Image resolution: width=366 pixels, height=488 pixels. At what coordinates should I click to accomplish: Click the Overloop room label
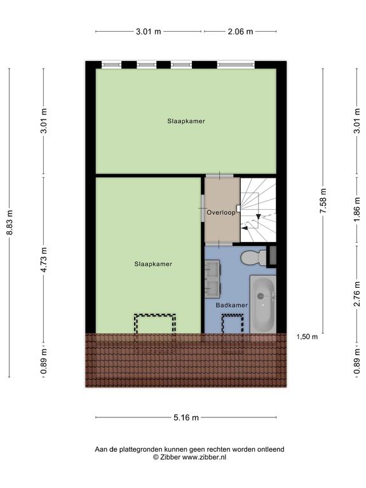[x=221, y=213]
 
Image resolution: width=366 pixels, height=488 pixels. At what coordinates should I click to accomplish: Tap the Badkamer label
[x=232, y=305]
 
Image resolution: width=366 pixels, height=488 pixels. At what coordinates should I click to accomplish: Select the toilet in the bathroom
[x=254, y=258]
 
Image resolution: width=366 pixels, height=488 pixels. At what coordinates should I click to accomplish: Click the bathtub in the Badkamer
[x=263, y=304]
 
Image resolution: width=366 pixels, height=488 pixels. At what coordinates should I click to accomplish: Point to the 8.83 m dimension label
[x=10, y=222]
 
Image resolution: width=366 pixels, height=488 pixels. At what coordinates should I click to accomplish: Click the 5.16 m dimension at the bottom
[x=186, y=417]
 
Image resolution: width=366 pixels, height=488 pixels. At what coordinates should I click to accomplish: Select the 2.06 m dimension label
[x=240, y=31]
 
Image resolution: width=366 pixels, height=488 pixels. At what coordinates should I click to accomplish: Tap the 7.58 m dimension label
[x=323, y=201]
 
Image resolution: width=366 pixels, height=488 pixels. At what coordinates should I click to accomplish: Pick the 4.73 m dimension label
[x=44, y=260]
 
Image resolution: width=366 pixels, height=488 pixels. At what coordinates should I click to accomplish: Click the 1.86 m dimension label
[x=357, y=210]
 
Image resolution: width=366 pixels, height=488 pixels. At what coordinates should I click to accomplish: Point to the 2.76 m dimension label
[x=357, y=294]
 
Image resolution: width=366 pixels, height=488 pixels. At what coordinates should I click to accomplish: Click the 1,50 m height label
[x=307, y=337]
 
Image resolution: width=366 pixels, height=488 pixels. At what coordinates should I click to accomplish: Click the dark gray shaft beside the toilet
[x=273, y=256]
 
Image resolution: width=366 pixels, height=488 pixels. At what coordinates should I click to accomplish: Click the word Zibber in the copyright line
[x=170, y=457]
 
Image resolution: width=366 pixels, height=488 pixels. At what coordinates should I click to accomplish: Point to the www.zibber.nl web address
[x=204, y=457]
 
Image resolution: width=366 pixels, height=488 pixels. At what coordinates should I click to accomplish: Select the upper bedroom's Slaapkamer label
[x=186, y=121]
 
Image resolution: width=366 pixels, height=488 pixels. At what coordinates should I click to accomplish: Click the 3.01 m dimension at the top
[x=149, y=31]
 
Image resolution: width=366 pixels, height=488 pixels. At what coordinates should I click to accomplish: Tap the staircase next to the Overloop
[x=259, y=210]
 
